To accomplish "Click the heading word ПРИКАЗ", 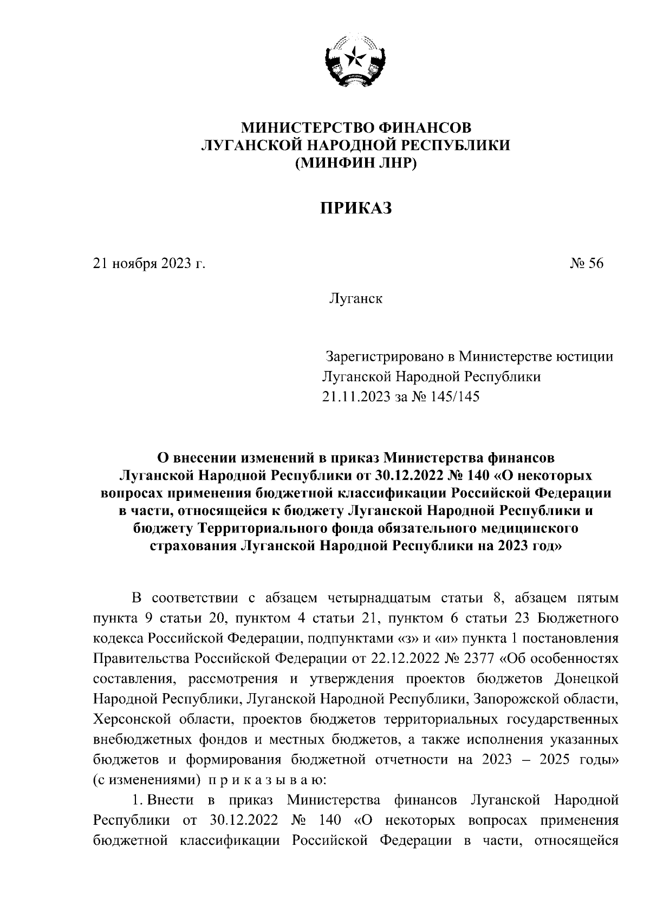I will pyautogui.click(x=355, y=208).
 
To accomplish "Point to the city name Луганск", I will pyautogui.click(x=355, y=298).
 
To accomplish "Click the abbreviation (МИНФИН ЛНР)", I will pyautogui.click(x=355, y=162).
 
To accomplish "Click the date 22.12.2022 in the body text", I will pyautogui.click(x=402, y=659).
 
